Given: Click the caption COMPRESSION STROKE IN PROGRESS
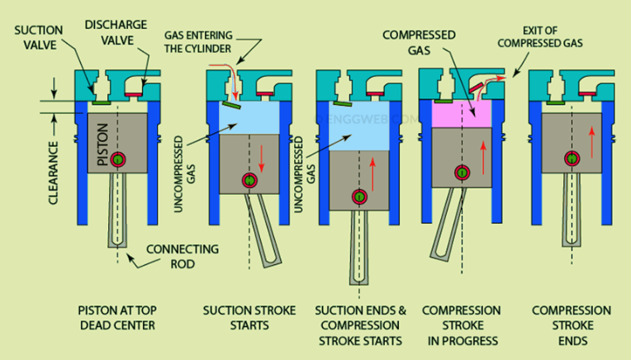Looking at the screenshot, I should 461,324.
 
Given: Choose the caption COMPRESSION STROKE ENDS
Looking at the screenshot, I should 571,324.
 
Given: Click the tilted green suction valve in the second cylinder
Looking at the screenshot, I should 232,106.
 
